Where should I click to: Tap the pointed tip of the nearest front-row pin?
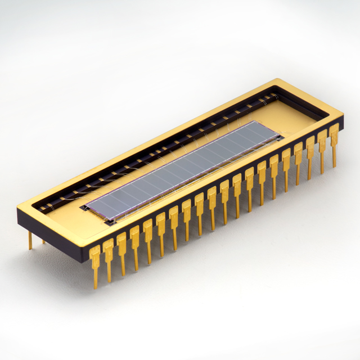click(x=96, y=286)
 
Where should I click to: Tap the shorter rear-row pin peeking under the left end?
click(x=43, y=241)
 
